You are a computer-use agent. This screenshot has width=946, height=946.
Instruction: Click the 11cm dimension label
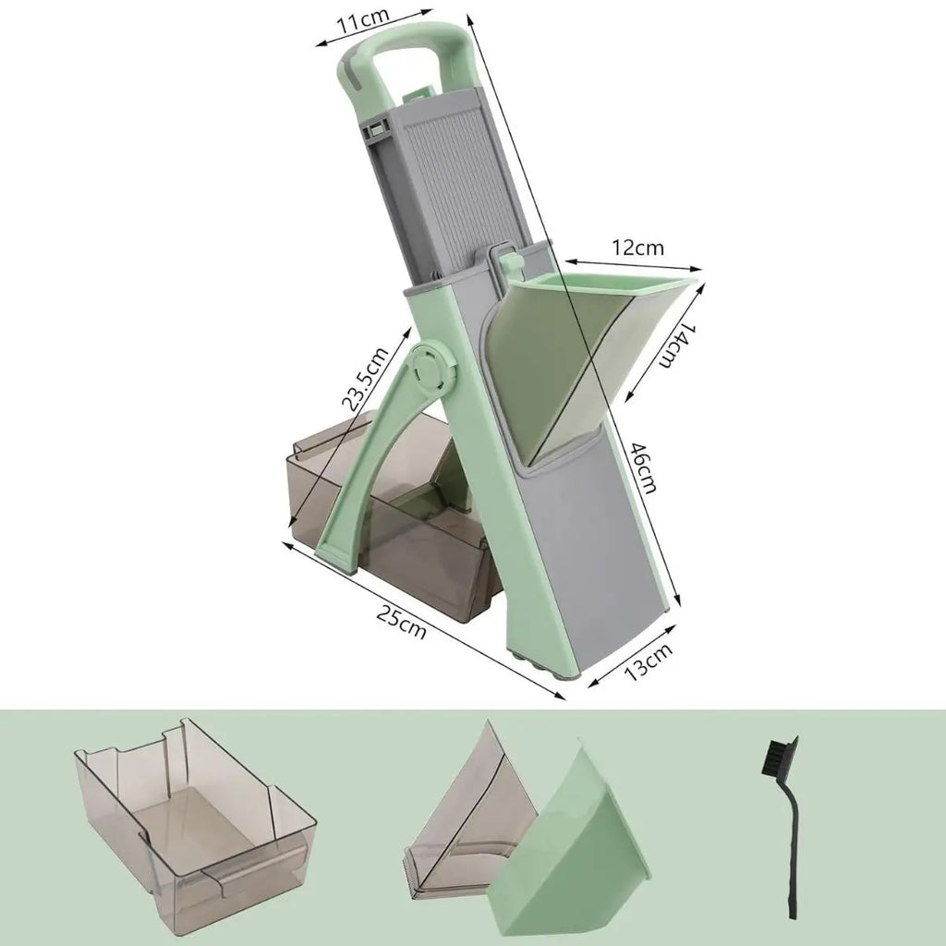click(x=363, y=23)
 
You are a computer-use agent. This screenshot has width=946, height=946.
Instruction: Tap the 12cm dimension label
click(x=637, y=248)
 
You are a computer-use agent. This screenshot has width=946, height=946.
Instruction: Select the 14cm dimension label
click(x=675, y=346)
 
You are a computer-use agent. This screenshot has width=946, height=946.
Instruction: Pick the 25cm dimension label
click(x=401, y=622)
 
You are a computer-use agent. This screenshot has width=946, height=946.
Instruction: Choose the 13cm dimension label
click(x=648, y=661)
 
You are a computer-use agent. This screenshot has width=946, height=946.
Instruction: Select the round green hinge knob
click(x=432, y=366)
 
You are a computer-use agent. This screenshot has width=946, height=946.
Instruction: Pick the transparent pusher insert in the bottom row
click(x=467, y=820)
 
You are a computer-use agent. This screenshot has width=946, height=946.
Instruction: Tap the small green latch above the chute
click(x=508, y=260)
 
